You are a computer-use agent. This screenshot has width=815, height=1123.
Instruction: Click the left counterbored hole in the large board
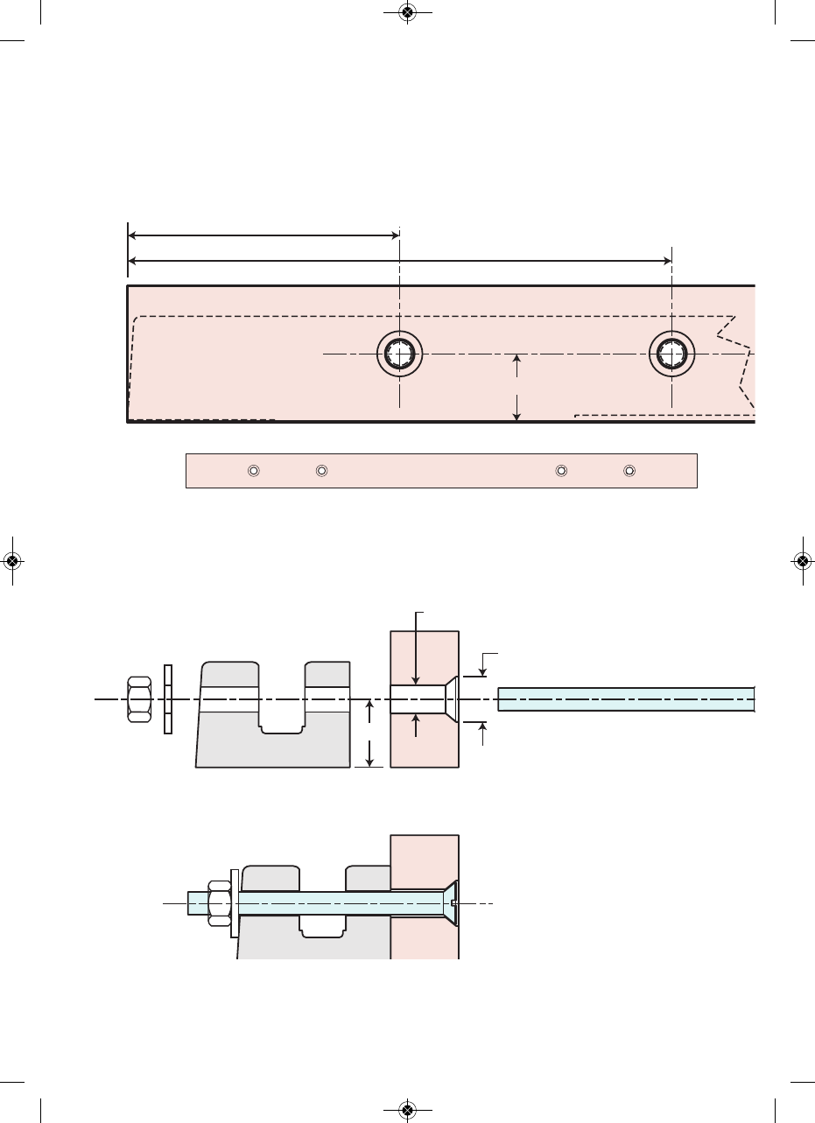[x=399, y=354]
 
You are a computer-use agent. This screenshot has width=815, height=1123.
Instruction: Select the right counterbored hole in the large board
[x=671, y=354]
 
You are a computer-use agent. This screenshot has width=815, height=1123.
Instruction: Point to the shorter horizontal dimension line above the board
[x=263, y=235]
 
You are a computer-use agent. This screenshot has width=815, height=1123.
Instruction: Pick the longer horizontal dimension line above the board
[x=399, y=260]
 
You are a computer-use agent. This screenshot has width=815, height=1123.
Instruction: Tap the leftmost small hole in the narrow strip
[x=253, y=471]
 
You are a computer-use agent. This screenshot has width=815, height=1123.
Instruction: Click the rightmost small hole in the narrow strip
[x=629, y=471]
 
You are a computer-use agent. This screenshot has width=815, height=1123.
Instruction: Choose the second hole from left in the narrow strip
[x=321, y=471]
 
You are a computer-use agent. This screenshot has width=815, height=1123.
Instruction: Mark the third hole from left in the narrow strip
[x=561, y=471]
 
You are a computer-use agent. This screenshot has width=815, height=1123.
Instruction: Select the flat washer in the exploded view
[x=168, y=699]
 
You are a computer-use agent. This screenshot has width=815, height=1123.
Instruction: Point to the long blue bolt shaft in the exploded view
[x=626, y=699]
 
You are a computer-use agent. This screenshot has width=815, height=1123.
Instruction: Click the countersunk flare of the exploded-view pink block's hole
[x=450, y=699]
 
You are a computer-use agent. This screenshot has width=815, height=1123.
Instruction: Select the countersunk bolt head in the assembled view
[x=452, y=902]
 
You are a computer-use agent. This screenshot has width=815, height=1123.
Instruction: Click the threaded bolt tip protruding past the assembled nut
[x=195, y=902]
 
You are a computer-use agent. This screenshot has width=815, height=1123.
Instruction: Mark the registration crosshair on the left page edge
[x=12, y=561]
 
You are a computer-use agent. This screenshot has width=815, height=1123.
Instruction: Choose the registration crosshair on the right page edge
[x=803, y=561]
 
